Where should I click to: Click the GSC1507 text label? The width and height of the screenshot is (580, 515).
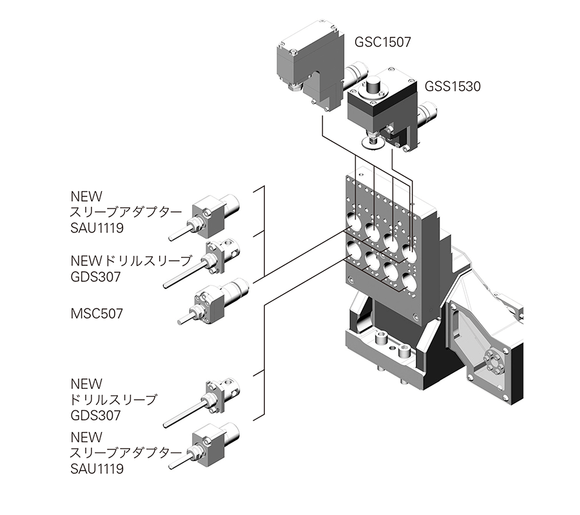point(382,42)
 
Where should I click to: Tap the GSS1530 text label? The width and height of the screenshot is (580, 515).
point(452,86)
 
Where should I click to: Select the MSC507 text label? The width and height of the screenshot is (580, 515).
point(96,314)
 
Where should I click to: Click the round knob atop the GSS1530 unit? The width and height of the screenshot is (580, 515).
point(374,84)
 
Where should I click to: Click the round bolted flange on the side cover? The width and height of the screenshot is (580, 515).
point(493,359)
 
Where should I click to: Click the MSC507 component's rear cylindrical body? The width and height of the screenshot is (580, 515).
point(234,289)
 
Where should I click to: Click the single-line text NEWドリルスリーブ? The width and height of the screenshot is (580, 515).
point(131,261)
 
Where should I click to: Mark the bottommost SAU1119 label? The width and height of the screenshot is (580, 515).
point(97,469)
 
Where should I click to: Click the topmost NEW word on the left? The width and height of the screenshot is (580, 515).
point(86,196)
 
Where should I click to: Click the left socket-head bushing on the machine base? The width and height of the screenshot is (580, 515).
point(381,337)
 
